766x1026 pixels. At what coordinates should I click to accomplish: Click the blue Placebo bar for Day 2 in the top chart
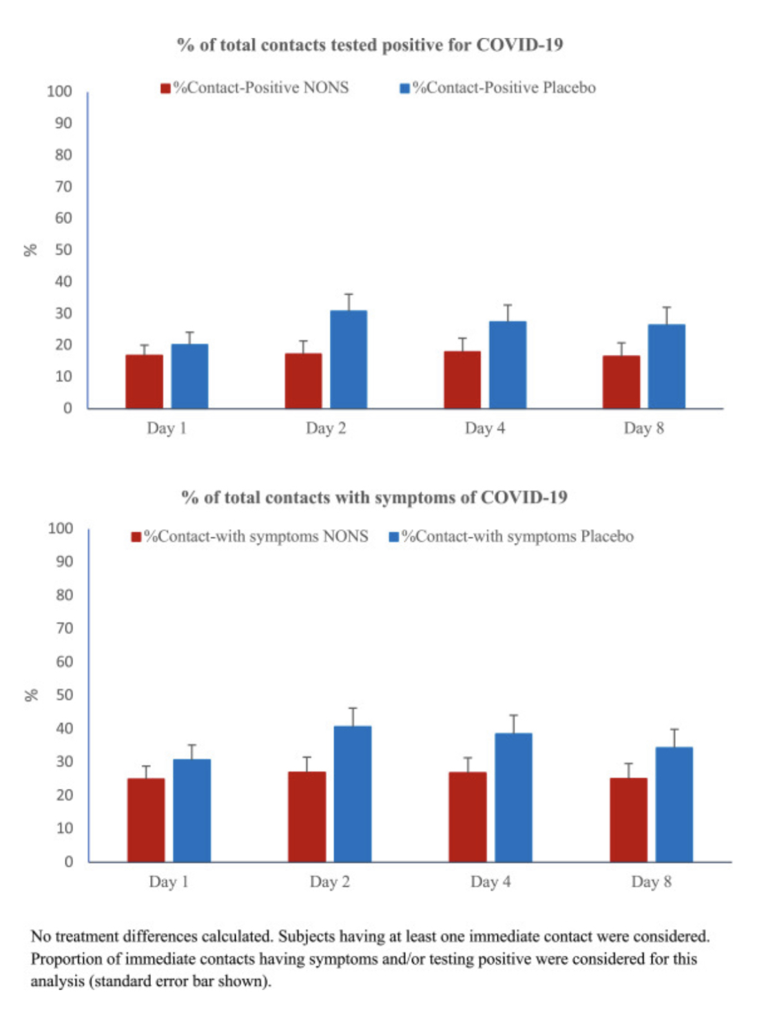pyautogui.click(x=349, y=360)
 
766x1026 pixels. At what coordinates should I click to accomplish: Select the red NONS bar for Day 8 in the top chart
pyautogui.click(x=621, y=382)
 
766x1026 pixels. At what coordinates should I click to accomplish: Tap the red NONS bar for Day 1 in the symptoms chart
pyautogui.click(x=146, y=820)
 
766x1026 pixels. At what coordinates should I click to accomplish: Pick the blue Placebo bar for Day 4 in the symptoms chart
pyautogui.click(x=513, y=797)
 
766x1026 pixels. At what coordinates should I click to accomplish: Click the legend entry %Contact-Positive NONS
pyautogui.click(x=255, y=88)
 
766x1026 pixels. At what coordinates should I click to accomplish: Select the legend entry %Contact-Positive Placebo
pyautogui.click(x=498, y=88)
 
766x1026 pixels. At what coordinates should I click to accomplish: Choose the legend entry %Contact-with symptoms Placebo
pyautogui.click(x=511, y=537)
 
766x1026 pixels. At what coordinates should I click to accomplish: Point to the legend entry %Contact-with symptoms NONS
pyautogui.click(x=250, y=537)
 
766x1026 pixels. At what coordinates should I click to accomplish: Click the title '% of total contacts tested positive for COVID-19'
pyautogui.click(x=370, y=45)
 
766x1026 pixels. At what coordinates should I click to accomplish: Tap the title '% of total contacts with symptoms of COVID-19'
pyautogui.click(x=374, y=497)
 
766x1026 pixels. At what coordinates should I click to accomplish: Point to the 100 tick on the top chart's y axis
pyautogui.click(x=60, y=92)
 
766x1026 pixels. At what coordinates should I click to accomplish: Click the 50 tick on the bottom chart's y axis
pyautogui.click(x=65, y=695)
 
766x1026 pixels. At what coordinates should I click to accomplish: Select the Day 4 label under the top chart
pyautogui.click(x=485, y=429)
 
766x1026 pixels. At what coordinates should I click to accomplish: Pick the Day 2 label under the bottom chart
pyautogui.click(x=330, y=882)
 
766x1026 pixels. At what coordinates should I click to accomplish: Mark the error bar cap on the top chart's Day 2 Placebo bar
pyautogui.click(x=349, y=294)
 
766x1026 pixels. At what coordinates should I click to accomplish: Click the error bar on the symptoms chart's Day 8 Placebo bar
pyautogui.click(x=674, y=737)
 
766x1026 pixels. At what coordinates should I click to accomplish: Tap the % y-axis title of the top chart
pyautogui.click(x=30, y=249)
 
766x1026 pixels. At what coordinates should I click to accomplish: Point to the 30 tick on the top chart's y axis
pyautogui.click(x=63, y=314)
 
